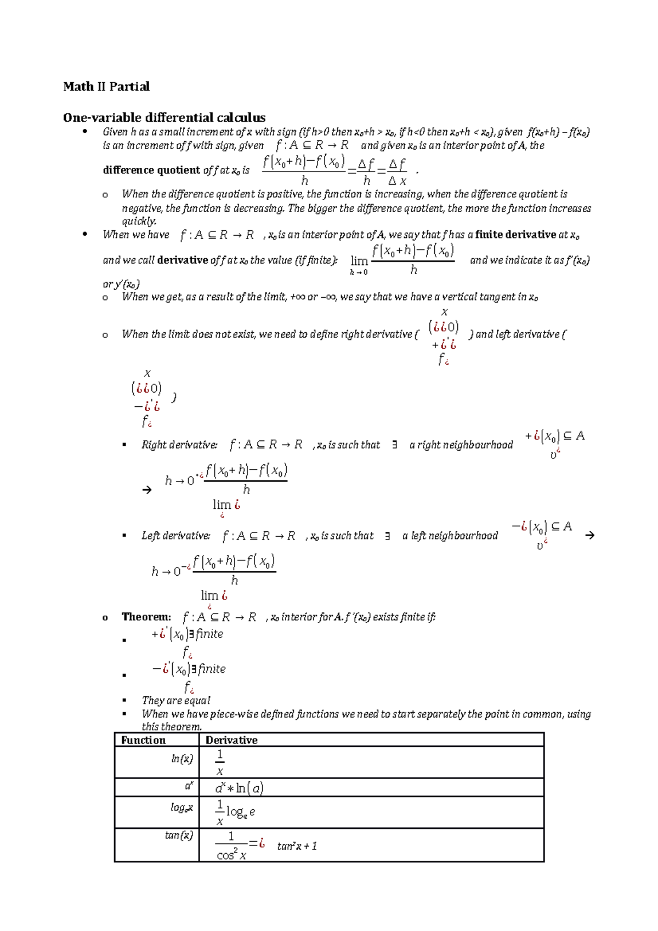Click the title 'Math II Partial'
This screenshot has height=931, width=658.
[x=106, y=87]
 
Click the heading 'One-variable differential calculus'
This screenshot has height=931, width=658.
[x=164, y=117]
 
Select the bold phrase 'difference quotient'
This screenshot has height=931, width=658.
[x=152, y=170]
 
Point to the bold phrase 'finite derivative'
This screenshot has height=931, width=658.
[x=515, y=235]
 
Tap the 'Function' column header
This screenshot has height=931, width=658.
[x=143, y=740]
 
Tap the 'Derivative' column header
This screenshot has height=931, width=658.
[x=231, y=740]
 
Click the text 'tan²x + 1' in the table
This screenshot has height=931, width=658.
[x=297, y=846]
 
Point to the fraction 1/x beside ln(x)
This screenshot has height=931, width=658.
[x=220, y=762]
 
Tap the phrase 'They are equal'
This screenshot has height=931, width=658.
[x=176, y=700]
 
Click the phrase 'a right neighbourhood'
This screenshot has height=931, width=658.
[x=461, y=445]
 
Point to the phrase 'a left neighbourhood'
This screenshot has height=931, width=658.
[x=450, y=536]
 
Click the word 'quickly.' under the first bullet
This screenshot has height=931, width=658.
[x=139, y=221]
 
